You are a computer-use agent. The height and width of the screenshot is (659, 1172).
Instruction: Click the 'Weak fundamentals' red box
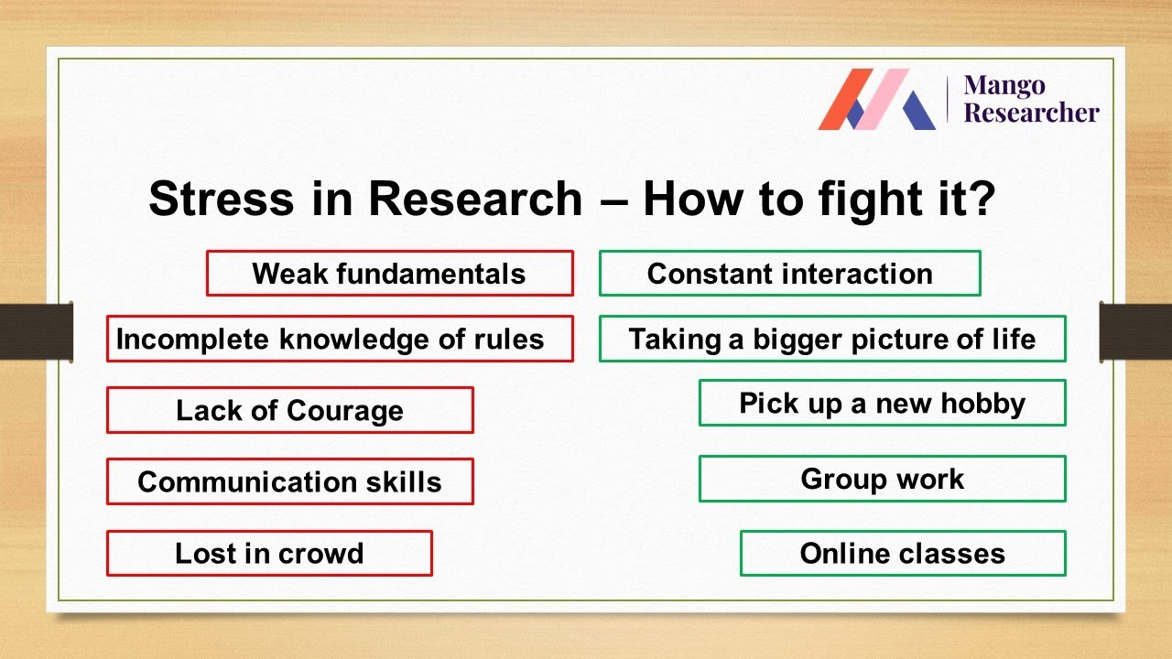point(389,274)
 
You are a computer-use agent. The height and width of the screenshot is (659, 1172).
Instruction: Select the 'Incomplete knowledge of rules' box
point(340,339)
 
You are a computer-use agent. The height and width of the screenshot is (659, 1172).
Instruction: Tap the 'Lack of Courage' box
point(289,410)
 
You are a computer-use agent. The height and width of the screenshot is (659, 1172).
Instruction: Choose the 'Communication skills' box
point(289,481)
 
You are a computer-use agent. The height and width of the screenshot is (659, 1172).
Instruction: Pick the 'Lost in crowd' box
point(269,554)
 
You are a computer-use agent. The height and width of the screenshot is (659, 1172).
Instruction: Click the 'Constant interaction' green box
point(789,274)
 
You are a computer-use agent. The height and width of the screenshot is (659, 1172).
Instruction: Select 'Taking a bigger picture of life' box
point(832,339)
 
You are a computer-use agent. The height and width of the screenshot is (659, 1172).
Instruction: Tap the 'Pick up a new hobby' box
point(882,403)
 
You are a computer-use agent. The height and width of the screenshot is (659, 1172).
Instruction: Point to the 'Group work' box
point(882,479)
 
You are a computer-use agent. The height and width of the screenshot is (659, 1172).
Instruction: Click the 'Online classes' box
point(902,554)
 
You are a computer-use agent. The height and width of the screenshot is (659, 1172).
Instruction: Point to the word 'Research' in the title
point(474,199)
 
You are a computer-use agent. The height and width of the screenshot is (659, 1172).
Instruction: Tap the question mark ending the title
point(980,199)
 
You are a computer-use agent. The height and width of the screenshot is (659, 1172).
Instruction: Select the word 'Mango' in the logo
point(1004,86)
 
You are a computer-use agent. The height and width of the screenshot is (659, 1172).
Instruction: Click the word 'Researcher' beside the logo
point(1031,113)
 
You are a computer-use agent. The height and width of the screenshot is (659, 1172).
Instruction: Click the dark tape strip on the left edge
point(37,331)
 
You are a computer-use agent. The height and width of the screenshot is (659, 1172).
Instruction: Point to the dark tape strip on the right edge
point(1135,331)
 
